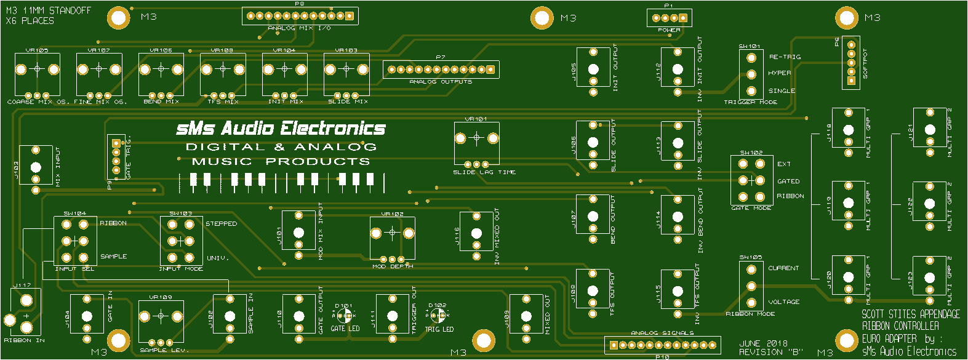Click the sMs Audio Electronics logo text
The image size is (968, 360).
[x=281, y=129]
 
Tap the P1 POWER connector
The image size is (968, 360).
[x=669, y=18]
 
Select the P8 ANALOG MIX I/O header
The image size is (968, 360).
[x=300, y=16]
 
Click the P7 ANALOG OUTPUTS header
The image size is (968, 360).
[x=441, y=70]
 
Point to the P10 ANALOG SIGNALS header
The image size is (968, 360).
[x=662, y=345]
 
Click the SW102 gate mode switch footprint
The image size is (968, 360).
[x=751, y=180]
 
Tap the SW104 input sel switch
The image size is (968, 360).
[x=75, y=241]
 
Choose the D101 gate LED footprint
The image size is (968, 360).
[x=345, y=316]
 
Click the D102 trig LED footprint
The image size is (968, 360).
[x=438, y=316]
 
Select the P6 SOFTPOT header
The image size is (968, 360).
[x=851, y=62]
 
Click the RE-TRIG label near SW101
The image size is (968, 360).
[x=785, y=57]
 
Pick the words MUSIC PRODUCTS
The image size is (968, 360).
[x=281, y=162]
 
